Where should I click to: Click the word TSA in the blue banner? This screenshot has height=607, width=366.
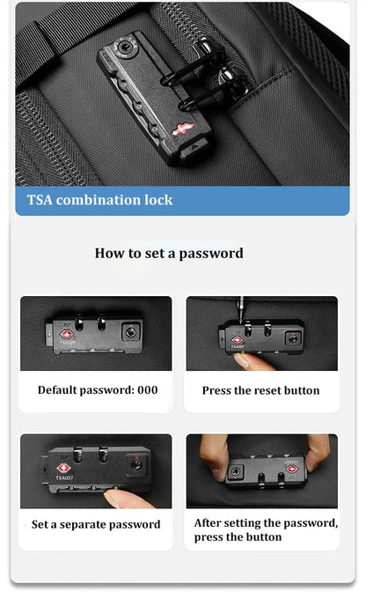pyautogui.click(x=40, y=200)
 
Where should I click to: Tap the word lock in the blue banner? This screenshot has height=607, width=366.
pyautogui.click(x=158, y=200)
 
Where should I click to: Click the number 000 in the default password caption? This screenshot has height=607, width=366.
pyautogui.click(x=148, y=389)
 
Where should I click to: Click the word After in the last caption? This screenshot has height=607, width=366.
pyautogui.click(x=208, y=523)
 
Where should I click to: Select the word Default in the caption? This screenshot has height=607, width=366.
pyautogui.click(x=57, y=389)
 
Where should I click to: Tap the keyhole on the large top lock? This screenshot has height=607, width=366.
pyautogui.click(x=124, y=48)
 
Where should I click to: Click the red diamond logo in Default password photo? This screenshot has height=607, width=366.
pyautogui.click(x=67, y=334)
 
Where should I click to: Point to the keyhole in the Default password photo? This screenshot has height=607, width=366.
pyautogui.click(x=130, y=332)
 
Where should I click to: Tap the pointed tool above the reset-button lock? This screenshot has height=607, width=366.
pyautogui.click(x=242, y=309)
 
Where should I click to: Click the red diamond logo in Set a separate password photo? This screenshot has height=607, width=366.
pyautogui.click(x=63, y=469)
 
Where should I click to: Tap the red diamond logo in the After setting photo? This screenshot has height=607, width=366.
pyautogui.click(x=292, y=470)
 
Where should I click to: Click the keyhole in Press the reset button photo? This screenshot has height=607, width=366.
pyautogui.click(x=293, y=339)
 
